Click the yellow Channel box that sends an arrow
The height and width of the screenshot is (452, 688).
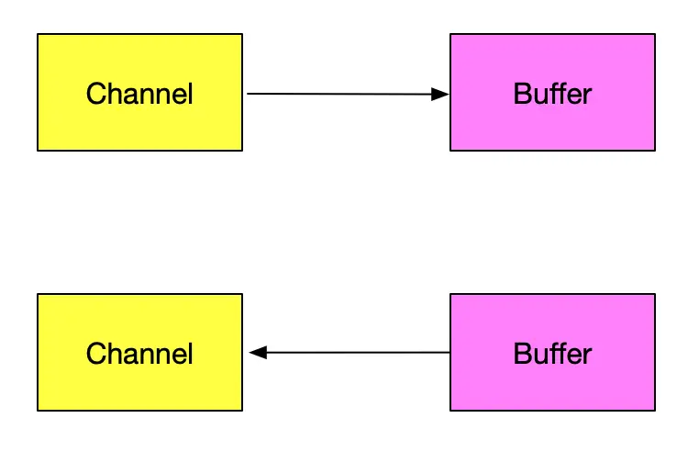[139, 92]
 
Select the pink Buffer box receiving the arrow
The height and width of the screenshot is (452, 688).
[552, 92]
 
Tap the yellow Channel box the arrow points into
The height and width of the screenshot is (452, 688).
[139, 353]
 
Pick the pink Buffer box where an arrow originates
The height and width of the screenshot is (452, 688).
[552, 353]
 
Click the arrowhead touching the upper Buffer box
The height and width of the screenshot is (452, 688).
[440, 94]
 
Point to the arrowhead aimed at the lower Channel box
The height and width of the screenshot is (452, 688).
[258, 352]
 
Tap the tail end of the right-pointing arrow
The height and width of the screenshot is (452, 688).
[250, 94]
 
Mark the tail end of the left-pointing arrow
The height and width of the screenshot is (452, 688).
[448, 352]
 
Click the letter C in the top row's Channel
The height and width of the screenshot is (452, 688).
[94, 94]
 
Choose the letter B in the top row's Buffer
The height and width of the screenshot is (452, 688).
[521, 94]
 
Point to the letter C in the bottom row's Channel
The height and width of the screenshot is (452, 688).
[94, 354]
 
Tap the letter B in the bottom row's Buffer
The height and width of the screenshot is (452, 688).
[521, 354]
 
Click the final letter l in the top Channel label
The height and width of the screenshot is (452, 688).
[190, 94]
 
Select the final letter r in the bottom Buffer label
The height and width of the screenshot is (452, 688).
[587, 355]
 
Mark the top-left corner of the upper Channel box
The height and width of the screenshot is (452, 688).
[38, 35]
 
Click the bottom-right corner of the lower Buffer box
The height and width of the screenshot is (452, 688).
[655, 410]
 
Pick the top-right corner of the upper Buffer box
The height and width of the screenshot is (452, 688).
[655, 35]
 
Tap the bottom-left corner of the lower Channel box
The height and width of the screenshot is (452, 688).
[38, 410]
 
